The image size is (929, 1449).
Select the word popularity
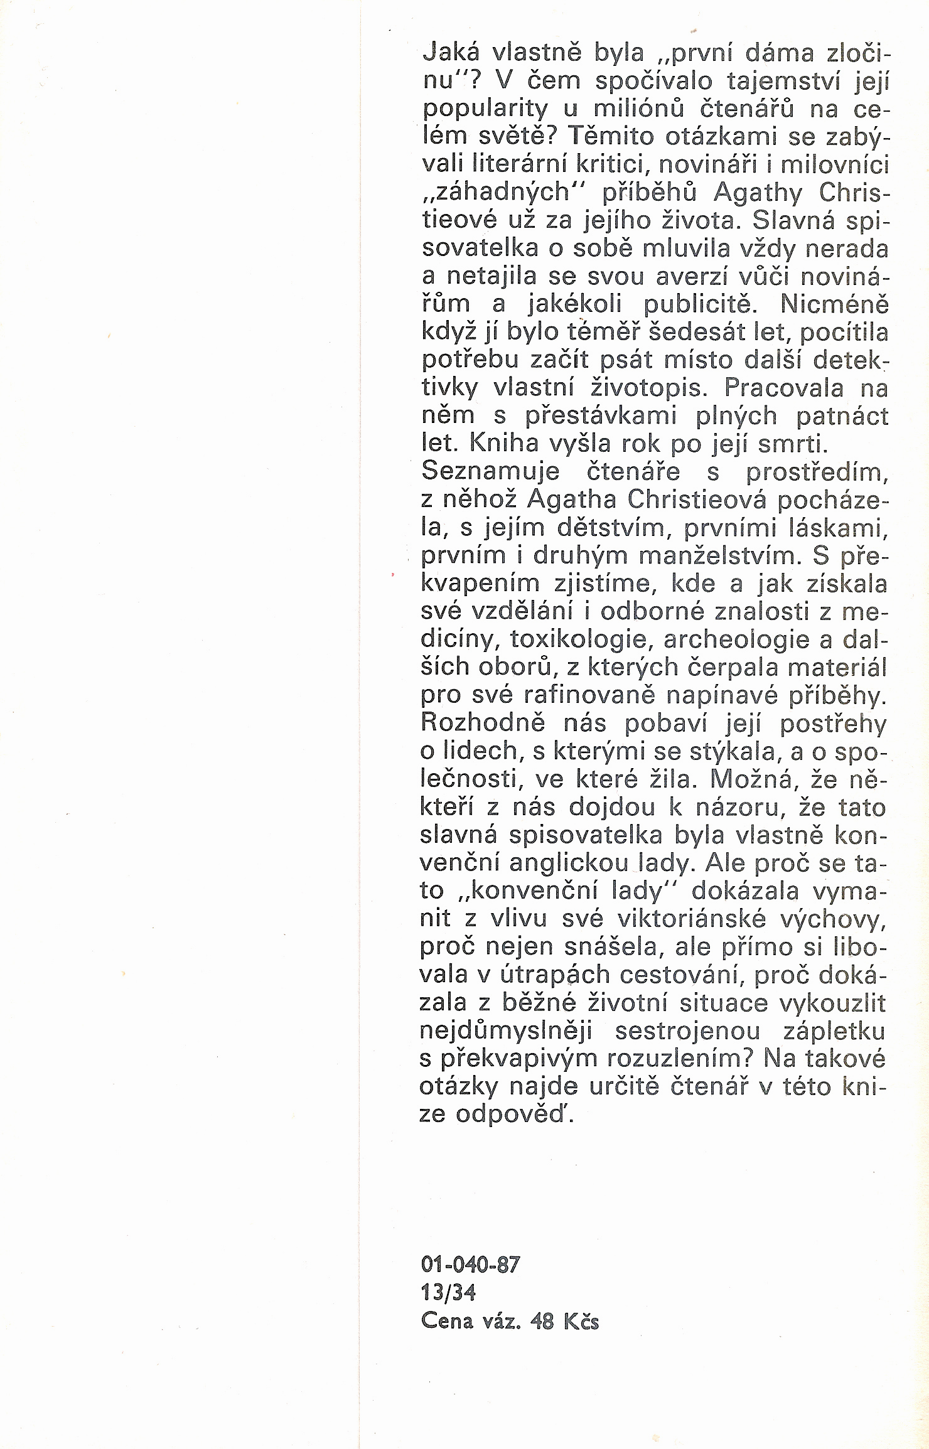point(485,110)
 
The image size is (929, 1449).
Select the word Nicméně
point(834,304)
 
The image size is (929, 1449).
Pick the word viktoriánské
point(692,919)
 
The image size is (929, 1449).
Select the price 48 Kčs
point(564,1322)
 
